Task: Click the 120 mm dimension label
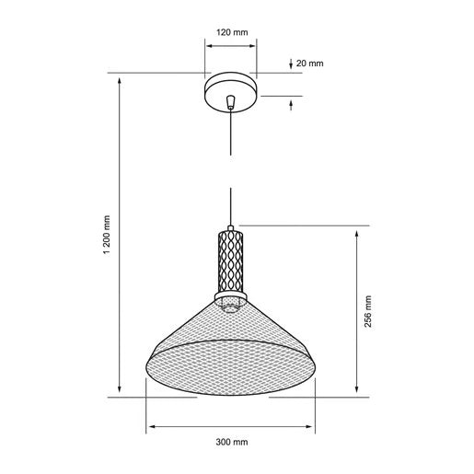[x=232, y=33]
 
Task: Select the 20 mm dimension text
[x=311, y=64]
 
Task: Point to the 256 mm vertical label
[x=368, y=312]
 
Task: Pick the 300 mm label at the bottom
[x=231, y=443]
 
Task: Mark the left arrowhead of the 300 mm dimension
[x=149, y=427]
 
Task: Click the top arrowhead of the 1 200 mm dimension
[x=121, y=78]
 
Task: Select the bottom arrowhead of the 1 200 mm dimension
[x=121, y=393]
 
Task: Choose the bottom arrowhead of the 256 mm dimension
[x=357, y=393]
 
